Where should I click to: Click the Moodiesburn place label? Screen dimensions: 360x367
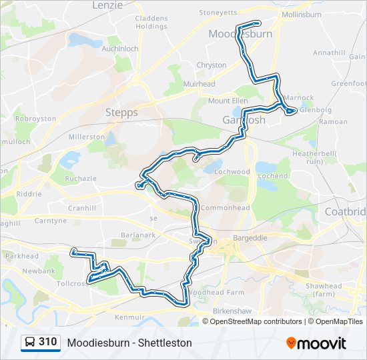(240, 33)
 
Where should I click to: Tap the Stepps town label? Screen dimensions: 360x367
(121, 113)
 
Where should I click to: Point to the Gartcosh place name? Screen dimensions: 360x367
(244, 121)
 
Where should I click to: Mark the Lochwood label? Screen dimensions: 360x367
(232, 171)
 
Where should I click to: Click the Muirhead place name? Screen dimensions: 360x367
(200, 85)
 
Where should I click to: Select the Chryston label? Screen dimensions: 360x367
(212, 65)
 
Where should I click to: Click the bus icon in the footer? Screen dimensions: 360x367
(29, 343)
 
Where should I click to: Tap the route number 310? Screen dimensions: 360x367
(47, 342)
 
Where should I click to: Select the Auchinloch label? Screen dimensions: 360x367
(119, 49)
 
